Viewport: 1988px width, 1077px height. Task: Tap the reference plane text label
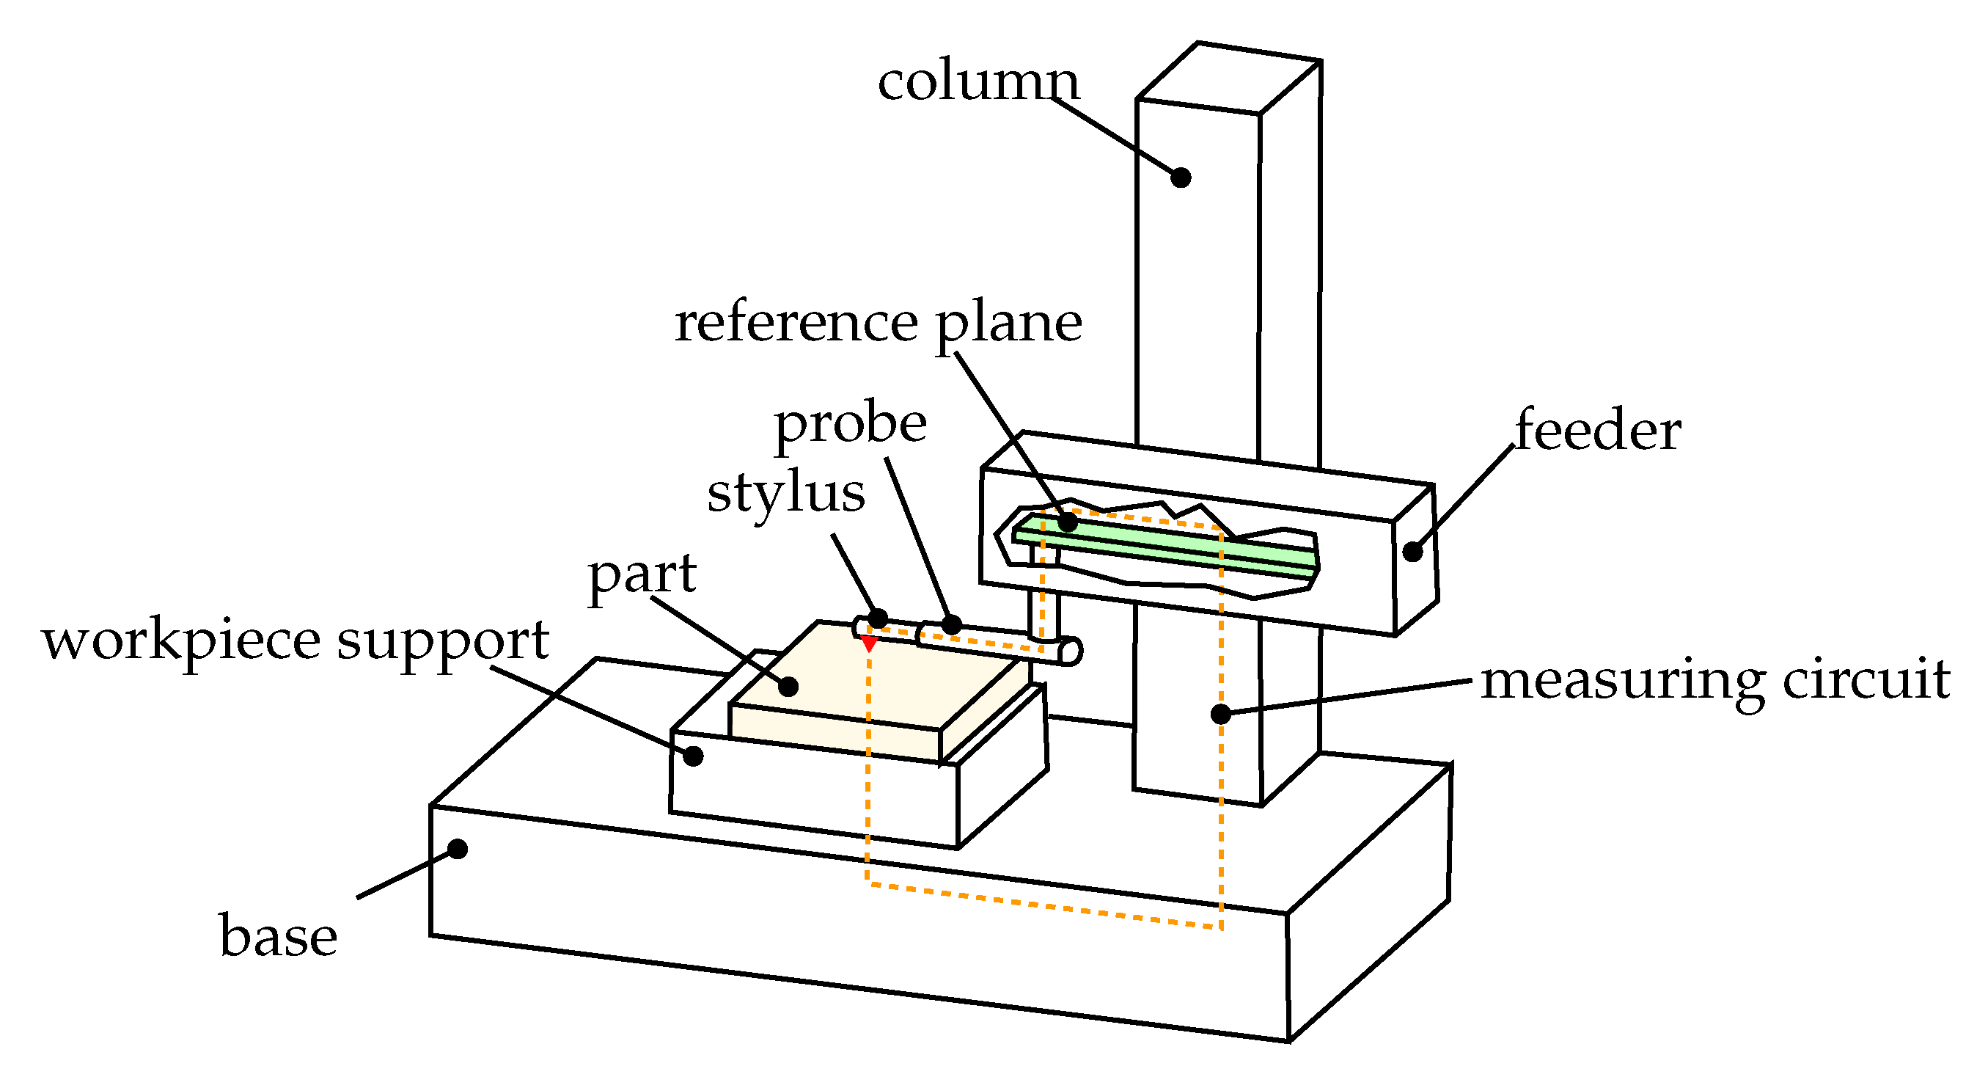[878, 323]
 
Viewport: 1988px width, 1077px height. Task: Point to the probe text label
[850, 424]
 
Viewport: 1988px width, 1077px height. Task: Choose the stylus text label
[785, 493]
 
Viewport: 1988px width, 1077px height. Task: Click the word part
[642, 574]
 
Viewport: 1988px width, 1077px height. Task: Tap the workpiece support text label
[296, 640]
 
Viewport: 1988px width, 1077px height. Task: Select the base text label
[278, 936]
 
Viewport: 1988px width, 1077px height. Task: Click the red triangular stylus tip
[869, 643]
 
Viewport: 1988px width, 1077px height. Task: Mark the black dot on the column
[1181, 178]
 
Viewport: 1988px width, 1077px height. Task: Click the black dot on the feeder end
[1412, 552]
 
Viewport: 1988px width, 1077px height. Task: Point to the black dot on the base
[458, 850]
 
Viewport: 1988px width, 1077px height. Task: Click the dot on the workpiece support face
[693, 756]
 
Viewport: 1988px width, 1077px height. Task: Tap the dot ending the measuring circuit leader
[1220, 714]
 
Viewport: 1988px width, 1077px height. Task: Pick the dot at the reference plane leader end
[1067, 522]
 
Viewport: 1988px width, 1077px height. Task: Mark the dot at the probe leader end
[952, 624]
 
